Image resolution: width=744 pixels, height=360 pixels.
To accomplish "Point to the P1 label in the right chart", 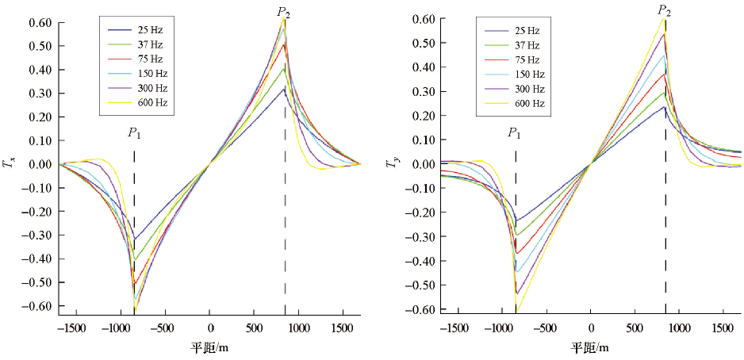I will pyautogui.click(x=515, y=132).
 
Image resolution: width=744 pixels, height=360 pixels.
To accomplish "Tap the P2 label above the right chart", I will pyautogui.click(x=665, y=10).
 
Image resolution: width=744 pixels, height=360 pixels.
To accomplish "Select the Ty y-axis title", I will pyautogui.click(x=390, y=163).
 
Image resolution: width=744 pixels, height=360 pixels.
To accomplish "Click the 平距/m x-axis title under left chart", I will pyautogui.click(x=209, y=347).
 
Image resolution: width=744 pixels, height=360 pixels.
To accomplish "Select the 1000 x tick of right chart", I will pyautogui.click(x=677, y=327).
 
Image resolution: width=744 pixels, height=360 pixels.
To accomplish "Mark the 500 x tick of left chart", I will pyautogui.click(x=253, y=327).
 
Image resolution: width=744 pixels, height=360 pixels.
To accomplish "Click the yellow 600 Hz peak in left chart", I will pyautogui.click(x=285, y=21).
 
